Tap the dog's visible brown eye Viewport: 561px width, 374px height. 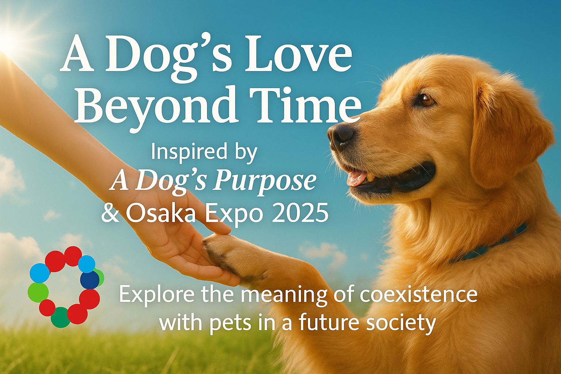427,100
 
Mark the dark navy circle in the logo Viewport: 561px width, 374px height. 89,280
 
